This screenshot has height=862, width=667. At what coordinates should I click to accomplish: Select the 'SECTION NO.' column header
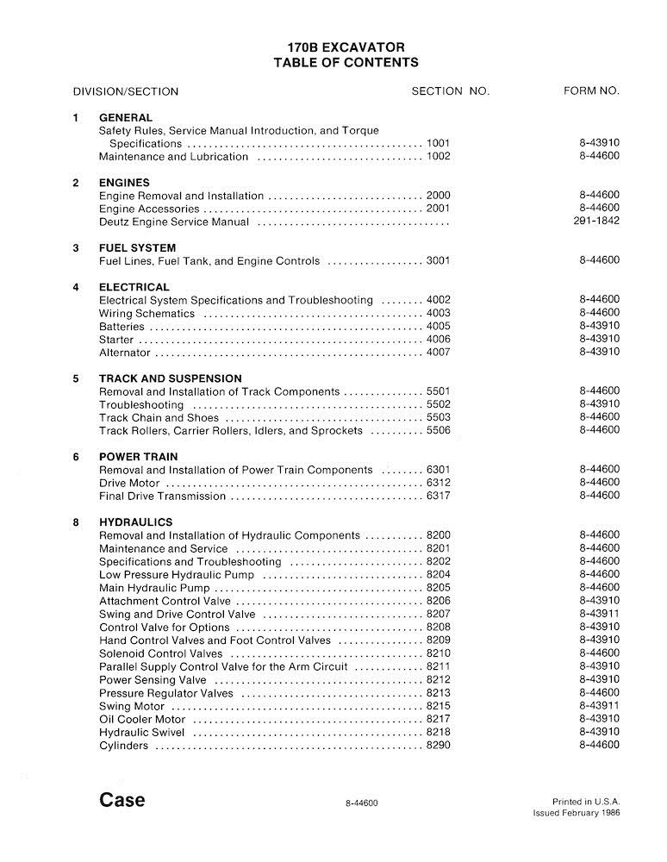450,91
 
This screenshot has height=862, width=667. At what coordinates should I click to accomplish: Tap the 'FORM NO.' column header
591,91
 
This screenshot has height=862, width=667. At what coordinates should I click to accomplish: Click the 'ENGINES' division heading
124,183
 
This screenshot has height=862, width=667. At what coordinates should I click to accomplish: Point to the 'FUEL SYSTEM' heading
138,248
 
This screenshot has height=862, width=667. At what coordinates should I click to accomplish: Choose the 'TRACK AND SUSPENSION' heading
171,378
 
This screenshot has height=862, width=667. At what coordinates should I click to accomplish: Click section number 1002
439,157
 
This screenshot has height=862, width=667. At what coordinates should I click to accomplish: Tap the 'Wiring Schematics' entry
146,314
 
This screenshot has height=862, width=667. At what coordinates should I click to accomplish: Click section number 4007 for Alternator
439,353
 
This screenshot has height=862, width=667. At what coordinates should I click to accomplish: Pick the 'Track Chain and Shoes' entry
159,417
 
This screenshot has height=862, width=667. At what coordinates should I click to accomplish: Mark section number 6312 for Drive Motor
439,483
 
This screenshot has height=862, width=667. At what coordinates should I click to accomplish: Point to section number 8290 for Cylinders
439,746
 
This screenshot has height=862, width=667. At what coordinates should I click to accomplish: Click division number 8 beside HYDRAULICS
76,522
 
